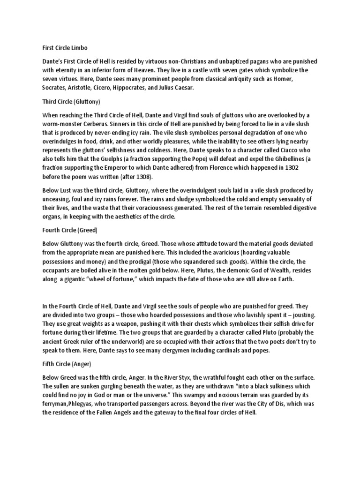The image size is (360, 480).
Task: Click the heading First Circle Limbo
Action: coord(64,48)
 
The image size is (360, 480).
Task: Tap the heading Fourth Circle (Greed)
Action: coord(69,231)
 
